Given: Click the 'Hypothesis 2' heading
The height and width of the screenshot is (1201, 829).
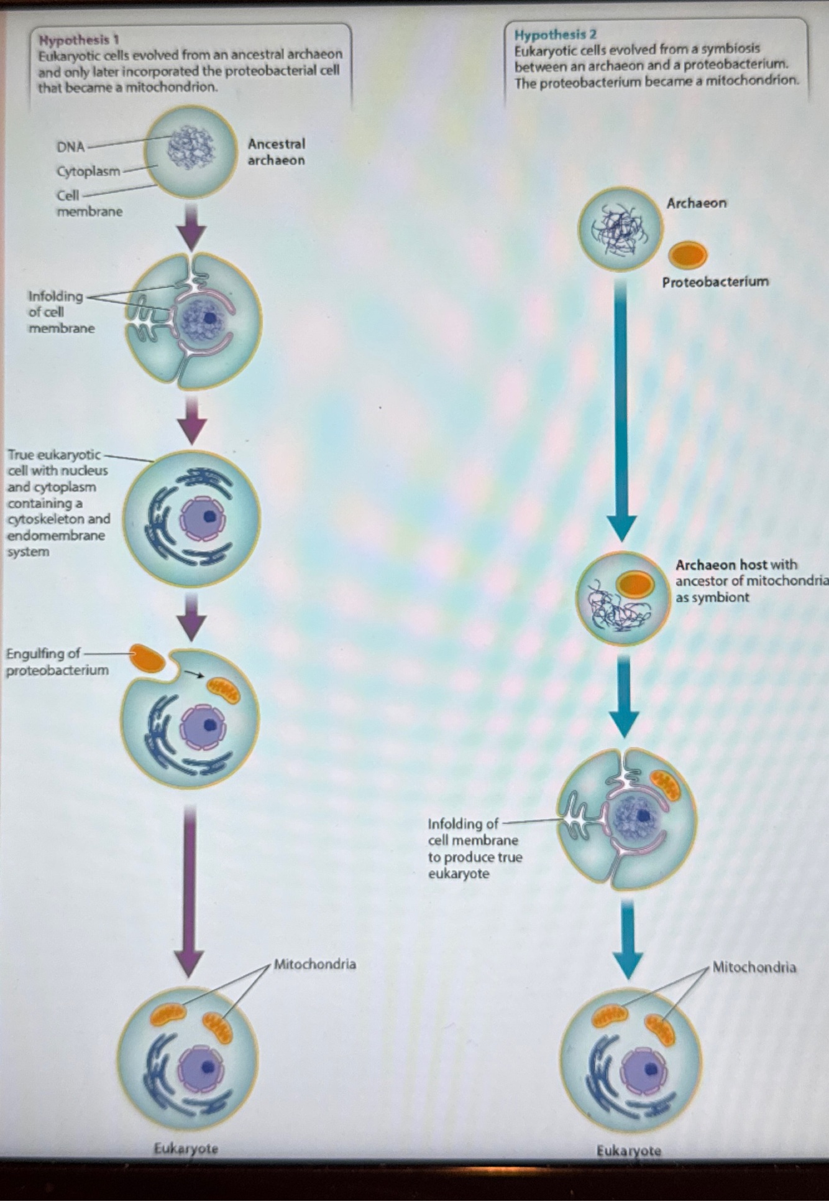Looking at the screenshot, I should (x=555, y=34).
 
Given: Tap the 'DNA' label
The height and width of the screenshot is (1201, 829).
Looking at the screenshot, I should (x=70, y=147).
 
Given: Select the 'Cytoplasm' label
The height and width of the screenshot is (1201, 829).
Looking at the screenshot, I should (x=88, y=171).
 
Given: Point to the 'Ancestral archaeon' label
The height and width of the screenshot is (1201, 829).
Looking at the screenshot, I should (x=276, y=152).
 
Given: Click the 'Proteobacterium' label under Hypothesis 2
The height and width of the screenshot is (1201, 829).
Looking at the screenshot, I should (x=715, y=282).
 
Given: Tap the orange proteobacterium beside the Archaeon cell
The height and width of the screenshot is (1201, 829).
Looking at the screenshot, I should (x=688, y=254).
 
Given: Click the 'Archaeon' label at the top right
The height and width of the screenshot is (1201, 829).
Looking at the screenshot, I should (x=696, y=203).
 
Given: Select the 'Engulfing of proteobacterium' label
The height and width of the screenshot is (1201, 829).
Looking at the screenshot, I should (x=57, y=662).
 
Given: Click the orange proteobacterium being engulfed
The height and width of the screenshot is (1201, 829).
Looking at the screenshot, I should (x=147, y=657).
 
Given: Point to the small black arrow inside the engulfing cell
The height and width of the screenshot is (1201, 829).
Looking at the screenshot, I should (x=195, y=674).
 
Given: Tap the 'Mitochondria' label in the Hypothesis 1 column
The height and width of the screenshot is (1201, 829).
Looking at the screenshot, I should (x=314, y=965).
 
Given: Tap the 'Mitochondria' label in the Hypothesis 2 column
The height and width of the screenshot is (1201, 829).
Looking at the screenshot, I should (x=753, y=967).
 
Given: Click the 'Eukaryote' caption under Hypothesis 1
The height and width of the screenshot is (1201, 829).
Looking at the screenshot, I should (x=186, y=1148).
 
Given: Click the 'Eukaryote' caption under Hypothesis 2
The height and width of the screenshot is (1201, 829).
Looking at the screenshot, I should (x=628, y=1151).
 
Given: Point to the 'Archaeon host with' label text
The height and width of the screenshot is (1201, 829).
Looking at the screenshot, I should (x=736, y=565).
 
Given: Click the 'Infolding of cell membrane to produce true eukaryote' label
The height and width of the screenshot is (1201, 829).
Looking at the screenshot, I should (x=474, y=848).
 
